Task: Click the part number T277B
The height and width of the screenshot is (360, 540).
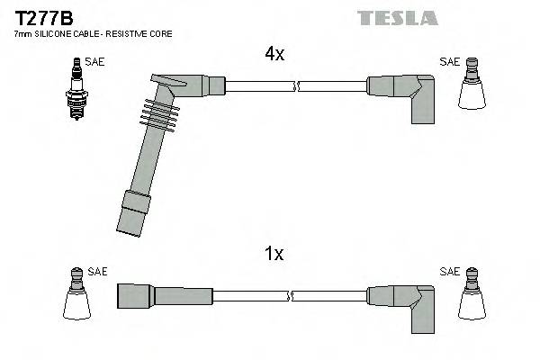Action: coord(42,17)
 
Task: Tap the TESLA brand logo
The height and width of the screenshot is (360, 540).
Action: coord(397,18)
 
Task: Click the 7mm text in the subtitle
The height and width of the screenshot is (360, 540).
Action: coord(22,33)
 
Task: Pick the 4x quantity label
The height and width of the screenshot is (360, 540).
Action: coord(274,55)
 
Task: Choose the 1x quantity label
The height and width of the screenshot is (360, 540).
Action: coord(274,254)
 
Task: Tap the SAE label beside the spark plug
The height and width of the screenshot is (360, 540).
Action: coord(94,62)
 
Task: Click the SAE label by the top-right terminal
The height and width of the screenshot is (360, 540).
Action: coord(448,62)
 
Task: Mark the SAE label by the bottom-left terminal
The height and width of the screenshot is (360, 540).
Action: coord(97,271)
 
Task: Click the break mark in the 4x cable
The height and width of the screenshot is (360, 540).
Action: coord(296,86)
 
